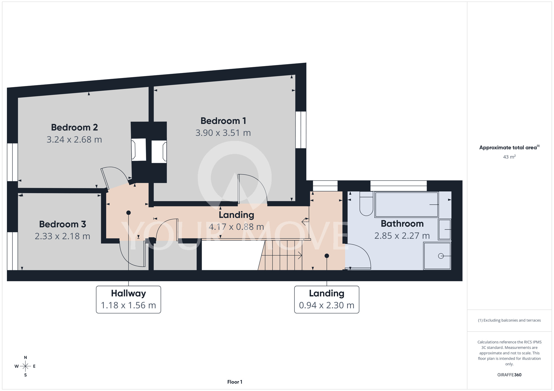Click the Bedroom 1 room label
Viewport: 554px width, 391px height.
(223, 121)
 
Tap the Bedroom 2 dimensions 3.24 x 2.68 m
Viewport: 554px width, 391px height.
(74, 139)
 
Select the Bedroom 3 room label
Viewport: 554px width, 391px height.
(63, 224)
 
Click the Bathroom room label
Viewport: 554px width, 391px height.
(402, 223)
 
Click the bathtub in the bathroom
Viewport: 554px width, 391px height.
(406, 205)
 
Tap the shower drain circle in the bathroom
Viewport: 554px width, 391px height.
(441, 256)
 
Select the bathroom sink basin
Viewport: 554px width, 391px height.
(445, 230)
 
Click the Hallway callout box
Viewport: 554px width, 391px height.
(129, 299)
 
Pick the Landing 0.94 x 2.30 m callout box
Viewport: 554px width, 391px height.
(327, 299)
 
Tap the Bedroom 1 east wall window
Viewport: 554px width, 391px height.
(301, 130)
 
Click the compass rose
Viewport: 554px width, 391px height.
(25, 366)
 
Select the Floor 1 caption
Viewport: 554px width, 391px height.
(235, 382)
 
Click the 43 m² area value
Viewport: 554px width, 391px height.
(509, 157)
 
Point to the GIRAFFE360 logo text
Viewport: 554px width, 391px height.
(509, 375)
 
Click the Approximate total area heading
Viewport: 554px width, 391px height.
(509, 147)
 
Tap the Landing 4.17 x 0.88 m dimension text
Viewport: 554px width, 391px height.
(236, 227)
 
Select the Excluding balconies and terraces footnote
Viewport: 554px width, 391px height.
(509, 320)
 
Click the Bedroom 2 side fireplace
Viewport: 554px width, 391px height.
(138, 150)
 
